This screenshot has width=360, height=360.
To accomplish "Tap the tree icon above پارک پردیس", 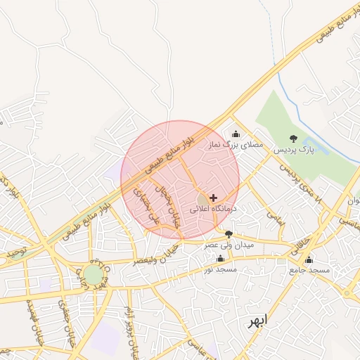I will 293,139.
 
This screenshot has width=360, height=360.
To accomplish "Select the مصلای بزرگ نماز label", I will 235,144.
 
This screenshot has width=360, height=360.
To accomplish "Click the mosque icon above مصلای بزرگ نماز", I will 236,134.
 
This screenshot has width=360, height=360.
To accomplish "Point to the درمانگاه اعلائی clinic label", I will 215,209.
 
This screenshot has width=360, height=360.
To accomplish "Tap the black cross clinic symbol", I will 214,198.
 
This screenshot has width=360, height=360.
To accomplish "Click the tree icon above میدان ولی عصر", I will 229,233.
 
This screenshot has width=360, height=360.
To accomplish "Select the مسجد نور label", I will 219,269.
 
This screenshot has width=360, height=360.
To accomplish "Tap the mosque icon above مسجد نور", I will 220,258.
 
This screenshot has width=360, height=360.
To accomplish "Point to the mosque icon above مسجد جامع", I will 309,259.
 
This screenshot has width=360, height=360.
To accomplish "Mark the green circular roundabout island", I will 93,275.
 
